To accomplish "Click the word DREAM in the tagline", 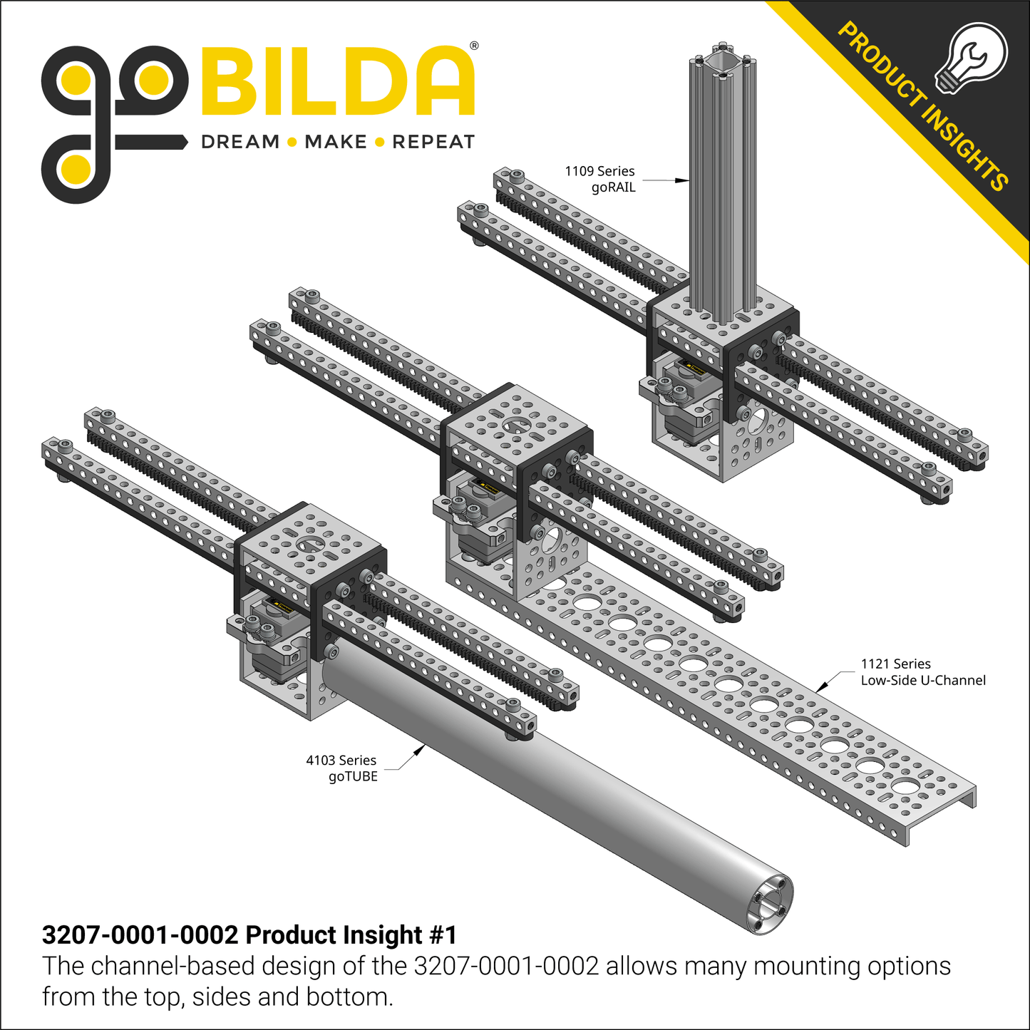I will (x=240, y=142).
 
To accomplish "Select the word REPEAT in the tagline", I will (x=433, y=142).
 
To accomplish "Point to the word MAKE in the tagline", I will (x=335, y=142).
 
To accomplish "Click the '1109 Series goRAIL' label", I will (x=600, y=179).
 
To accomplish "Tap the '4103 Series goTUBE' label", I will (x=342, y=768).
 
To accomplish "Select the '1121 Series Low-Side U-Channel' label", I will (x=922, y=672).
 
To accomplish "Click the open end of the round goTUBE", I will (x=768, y=905).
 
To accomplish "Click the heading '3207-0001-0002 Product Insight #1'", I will (x=249, y=934).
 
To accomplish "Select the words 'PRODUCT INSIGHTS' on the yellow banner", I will (x=923, y=107).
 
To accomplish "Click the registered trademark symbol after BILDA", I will (x=474, y=46).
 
